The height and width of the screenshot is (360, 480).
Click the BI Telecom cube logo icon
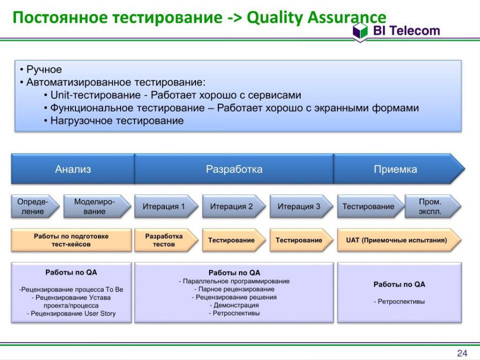point(360,31)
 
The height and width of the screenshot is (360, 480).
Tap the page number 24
point(462,353)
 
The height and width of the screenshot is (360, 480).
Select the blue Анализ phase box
point(73,169)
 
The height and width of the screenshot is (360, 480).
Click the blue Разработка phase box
point(234,169)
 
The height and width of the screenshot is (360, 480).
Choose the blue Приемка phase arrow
point(399,169)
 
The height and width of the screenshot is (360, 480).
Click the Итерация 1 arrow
point(166,206)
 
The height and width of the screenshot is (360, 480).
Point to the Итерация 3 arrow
point(301,206)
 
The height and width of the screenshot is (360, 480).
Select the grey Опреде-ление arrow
point(35,206)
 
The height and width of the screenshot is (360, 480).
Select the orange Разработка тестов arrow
point(166,240)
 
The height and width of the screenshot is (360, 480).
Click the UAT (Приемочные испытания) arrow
point(399,240)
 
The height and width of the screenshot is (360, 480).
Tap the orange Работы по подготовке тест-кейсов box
point(71,240)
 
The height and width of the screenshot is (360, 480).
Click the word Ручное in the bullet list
point(44,69)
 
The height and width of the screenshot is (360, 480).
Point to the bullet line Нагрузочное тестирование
point(117,120)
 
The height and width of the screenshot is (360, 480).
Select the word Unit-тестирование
point(95,95)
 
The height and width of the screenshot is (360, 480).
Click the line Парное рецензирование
point(234,289)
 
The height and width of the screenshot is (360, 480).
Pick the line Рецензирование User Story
point(71,313)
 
